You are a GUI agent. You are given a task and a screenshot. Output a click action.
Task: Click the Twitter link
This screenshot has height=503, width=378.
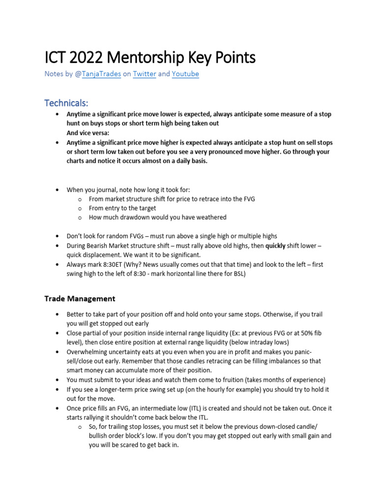[x=144, y=74]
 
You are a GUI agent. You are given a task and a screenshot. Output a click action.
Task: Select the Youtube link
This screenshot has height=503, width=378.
[x=186, y=74]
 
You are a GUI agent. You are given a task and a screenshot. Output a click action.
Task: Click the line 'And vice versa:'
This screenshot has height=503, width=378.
[x=90, y=133]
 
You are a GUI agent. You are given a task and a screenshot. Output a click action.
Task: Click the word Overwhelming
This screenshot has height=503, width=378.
[x=90, y=352]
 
